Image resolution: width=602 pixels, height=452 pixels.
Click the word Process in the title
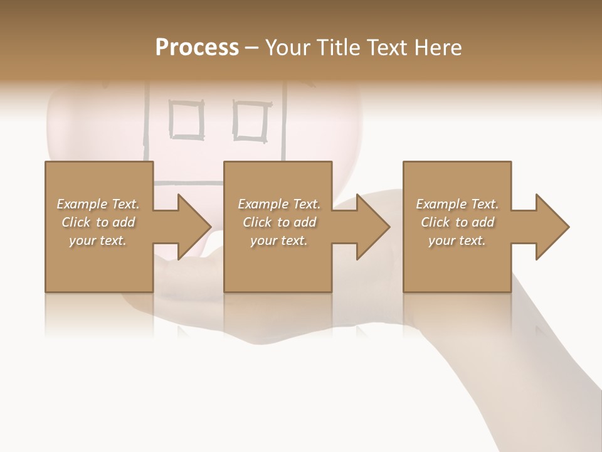pos(197,48)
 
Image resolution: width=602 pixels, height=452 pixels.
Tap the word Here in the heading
pos(438,48)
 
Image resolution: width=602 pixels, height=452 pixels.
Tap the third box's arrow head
pos(551,227)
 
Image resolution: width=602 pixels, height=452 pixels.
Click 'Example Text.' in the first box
pos(98,204)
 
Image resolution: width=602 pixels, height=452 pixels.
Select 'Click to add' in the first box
pos(98,222)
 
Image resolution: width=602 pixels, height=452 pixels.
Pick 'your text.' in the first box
pos(98,240)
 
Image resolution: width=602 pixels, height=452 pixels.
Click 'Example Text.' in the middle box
pos(279,204)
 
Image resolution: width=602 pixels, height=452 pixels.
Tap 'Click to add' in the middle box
pos(279,222)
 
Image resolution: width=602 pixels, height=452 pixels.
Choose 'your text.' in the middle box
pos(279,240)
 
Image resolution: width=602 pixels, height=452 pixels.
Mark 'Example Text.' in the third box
pos(457,204)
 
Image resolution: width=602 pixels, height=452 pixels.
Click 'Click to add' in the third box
pos(457,222)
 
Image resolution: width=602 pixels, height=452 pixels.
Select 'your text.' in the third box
pos(457,240)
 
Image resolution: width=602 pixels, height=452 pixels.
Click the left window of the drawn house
pos(187,119)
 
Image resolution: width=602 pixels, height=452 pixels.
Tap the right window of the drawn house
pos(251,119)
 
